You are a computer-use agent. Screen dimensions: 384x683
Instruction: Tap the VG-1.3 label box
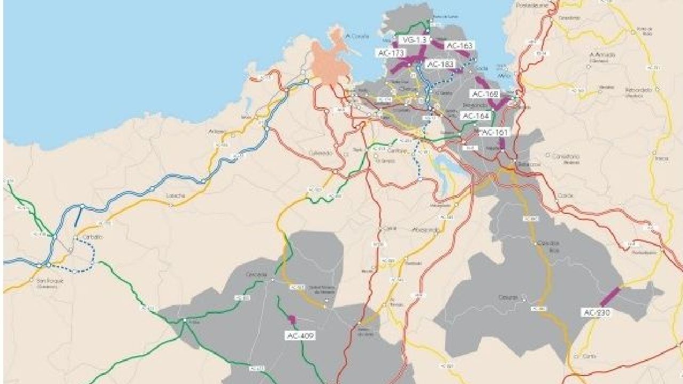[414, 40]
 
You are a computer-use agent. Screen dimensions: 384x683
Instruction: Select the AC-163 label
[459, 46]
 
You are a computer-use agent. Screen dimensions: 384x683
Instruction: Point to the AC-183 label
[441, 64]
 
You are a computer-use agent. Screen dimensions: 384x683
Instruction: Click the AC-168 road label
[485, 94]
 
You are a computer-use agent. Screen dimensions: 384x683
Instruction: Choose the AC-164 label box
[475, 116]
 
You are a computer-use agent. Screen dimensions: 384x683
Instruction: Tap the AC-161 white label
[495, 132]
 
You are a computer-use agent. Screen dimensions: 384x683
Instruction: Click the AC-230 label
[597, 313]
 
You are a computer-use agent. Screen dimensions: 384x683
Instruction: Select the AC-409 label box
[300, 336]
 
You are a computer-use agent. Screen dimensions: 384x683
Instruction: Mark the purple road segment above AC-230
[610, 297]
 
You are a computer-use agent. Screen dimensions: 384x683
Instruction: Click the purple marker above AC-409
[292, 319]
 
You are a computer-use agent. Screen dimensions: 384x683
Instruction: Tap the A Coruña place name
[357, 36]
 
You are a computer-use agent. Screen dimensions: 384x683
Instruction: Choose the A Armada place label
[602, 55]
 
